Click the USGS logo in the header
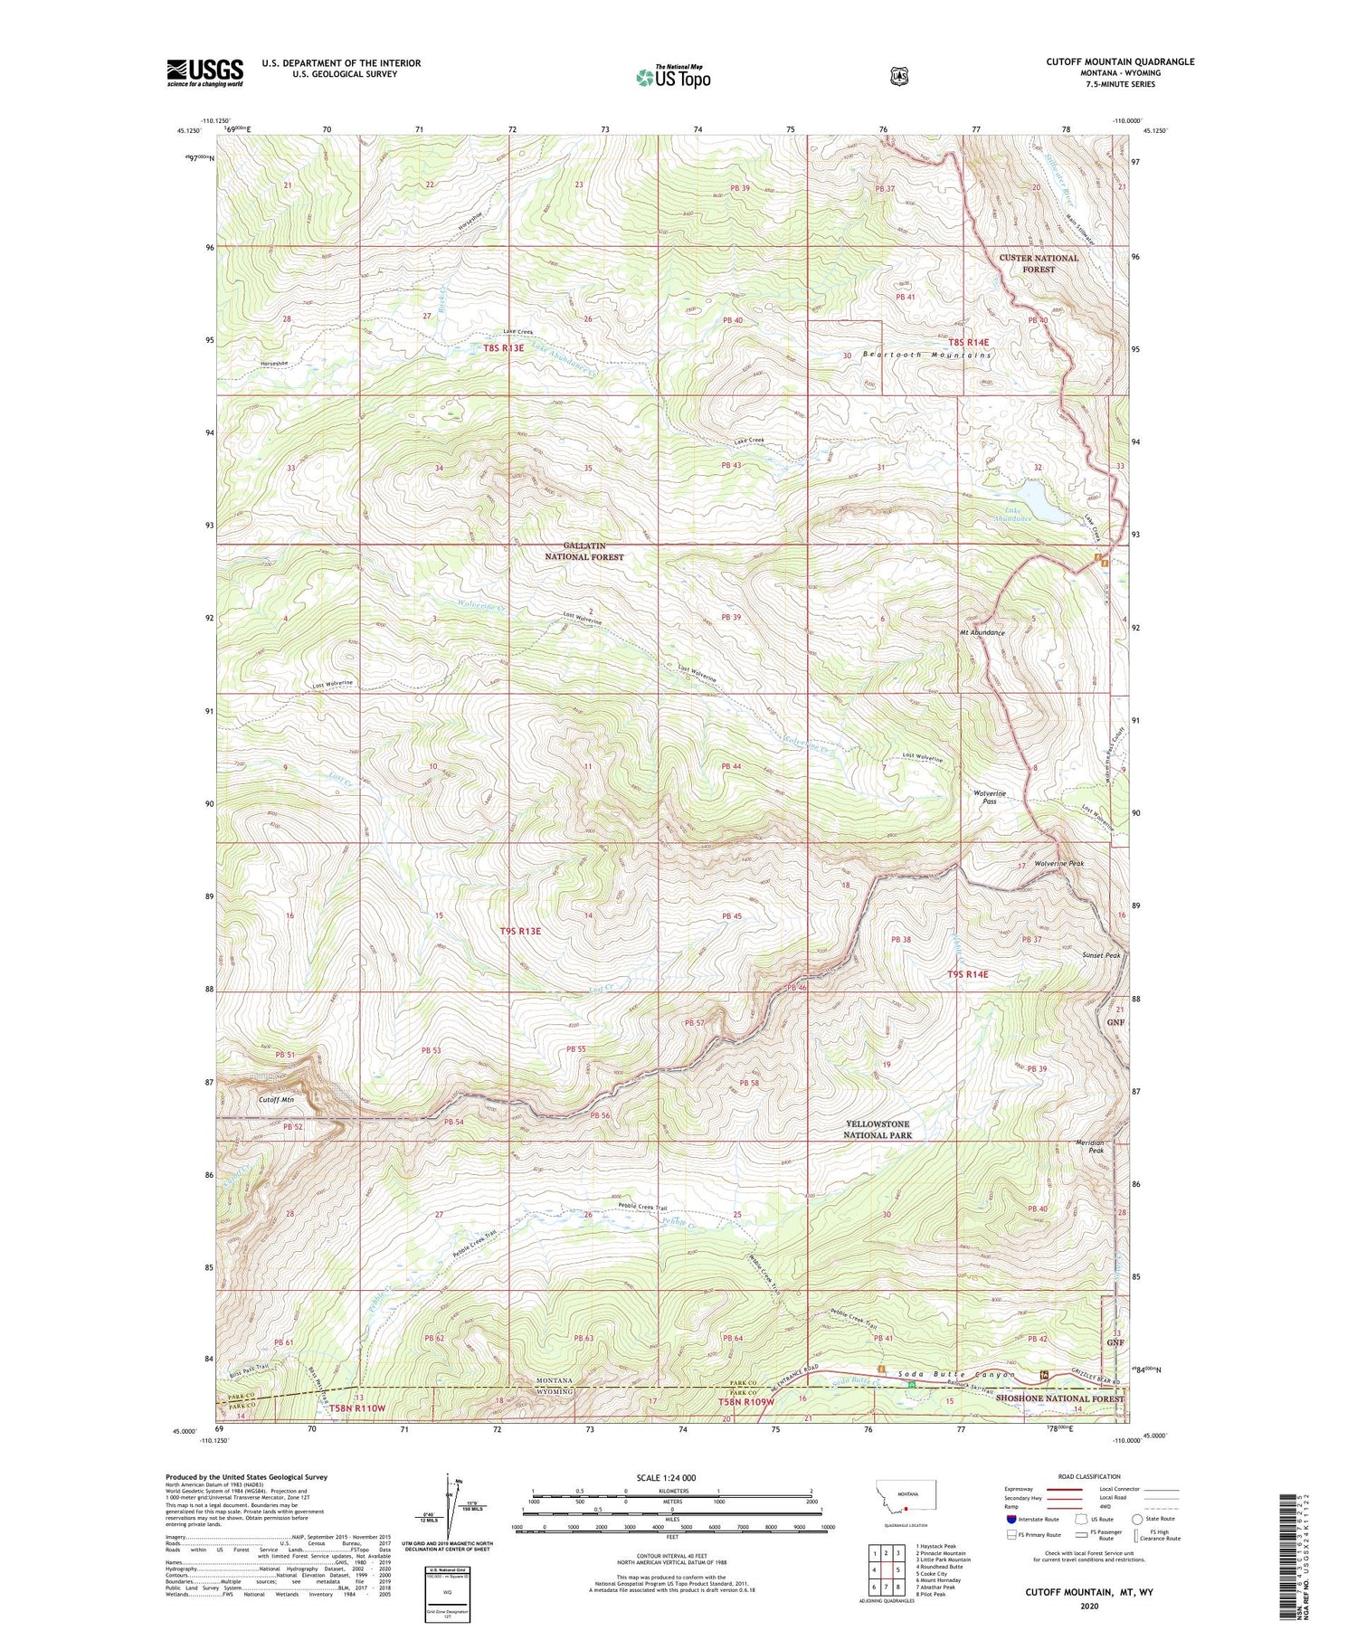pyautogui.click(x=204, y=72)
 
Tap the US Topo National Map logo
pyautogui.click(x=673, y=77)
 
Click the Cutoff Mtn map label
pyautogui.click(x=277, y=1099)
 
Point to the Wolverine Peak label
pyautogui.click(x=1058, y=863)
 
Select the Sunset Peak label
pyautogui.click(x=1100, y=955)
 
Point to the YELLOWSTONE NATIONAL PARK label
pyautogui.click(x=877, y=1129)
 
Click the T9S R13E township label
pyautogui.click(x=520, y=931)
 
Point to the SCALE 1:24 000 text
pyautogui.click(x=672, y=1477)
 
